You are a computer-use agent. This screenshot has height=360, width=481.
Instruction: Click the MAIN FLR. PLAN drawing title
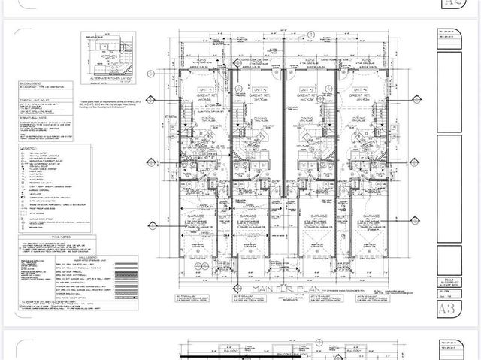coord(274,288)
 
